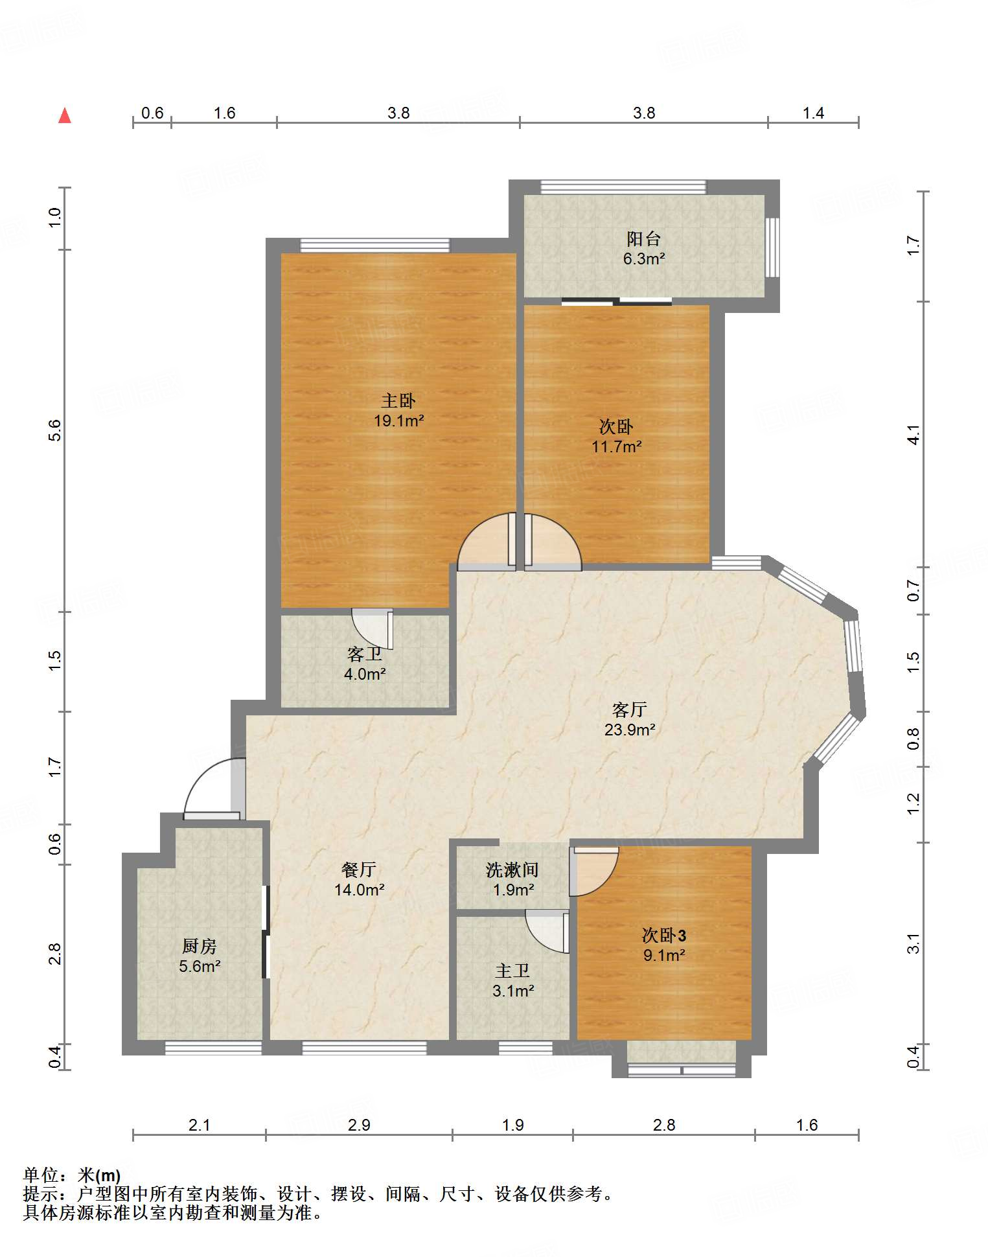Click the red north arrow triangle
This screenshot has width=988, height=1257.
[x=65, y=115]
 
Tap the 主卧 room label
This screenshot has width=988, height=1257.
[x=398, y=400]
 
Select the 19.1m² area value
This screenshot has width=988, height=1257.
[x=398, y=421]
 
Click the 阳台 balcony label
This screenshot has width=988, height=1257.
[x=643, y=238]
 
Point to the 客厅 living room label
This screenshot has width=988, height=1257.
[x=629, y=709]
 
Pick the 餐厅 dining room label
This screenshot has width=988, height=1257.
[x=359, y=870]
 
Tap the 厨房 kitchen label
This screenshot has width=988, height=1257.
[x=200, y=946]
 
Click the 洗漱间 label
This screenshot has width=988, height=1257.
[x=512, y=870]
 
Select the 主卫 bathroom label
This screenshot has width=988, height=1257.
[x=512, y=971]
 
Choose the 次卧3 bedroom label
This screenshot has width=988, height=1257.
[x=664, y=935]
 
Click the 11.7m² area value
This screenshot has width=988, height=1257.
[x=616, y=446]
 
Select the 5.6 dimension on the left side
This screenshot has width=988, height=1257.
[x=55, y=430]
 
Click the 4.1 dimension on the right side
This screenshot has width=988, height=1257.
[x=913, y=435]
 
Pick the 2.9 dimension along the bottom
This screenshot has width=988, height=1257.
[x=359, y=1125]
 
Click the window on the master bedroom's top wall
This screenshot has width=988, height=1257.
[x=374, y=246]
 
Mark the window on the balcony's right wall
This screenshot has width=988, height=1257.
[x=772, y=247]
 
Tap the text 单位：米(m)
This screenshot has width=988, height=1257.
[x=72, y=1175]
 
